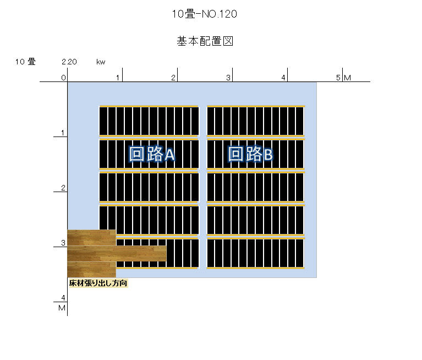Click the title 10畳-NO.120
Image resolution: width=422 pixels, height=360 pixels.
point(205,14)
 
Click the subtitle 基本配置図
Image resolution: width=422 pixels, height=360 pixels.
point(205,41)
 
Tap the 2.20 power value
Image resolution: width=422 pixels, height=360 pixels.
point(69,62)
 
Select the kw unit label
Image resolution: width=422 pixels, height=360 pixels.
point(101,62)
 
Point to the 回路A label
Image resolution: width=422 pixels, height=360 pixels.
point(152,154)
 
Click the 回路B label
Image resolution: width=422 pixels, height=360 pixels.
point(250,154)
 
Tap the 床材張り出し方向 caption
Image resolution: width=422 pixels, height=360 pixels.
point(98,283)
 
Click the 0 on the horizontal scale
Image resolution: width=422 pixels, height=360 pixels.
point(63,78)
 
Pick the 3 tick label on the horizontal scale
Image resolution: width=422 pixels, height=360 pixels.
point(228,78)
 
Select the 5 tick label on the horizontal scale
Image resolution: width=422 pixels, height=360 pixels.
point(338,78)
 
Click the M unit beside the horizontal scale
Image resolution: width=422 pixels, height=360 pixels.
point(348,78)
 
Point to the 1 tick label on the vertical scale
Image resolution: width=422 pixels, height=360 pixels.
point(63,133)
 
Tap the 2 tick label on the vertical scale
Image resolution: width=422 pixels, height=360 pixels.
point(63,188)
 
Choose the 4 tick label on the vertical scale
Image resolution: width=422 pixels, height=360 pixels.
point(63,298)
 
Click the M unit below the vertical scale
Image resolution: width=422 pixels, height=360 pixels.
point(62,308)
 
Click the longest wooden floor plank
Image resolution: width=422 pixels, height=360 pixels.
point(117,254)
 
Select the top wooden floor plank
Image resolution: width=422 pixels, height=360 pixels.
point(91,238)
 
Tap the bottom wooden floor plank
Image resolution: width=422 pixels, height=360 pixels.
point(91,270)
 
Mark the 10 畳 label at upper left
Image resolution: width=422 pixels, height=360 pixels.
point(25,62)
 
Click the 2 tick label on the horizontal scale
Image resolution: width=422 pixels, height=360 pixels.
point(173,78)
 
